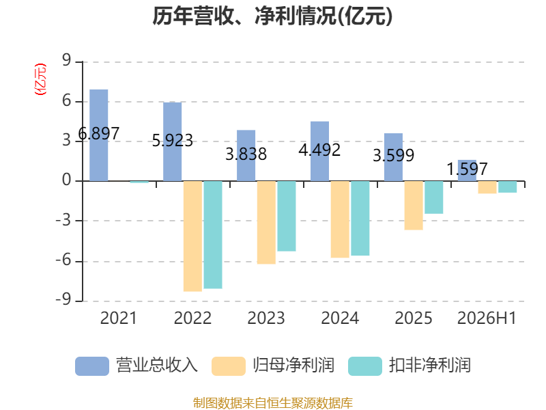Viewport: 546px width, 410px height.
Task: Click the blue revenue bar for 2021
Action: (99, 135)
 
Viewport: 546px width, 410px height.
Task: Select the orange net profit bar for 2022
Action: (192, 236)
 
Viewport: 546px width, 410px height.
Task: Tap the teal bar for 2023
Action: (287, 216)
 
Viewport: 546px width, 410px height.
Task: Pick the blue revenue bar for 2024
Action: (319, 151)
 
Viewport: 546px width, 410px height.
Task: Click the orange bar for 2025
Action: (414, 206)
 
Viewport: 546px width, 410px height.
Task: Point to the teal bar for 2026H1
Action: (507, 187)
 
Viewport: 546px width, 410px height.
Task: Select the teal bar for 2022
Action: (213, 234)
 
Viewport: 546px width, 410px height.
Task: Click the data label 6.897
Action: (99, 133)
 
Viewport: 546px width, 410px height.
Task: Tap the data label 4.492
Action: (319, 150)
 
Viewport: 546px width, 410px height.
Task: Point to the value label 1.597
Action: (467, 169)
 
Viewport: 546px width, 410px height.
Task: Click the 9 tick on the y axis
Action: (66, 61)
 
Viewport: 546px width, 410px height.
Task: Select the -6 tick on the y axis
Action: (63, 260)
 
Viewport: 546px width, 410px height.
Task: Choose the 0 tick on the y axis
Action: (66, 180)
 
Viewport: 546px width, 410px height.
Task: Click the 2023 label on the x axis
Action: (266, 318)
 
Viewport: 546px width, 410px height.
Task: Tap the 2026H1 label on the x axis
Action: (487, 318)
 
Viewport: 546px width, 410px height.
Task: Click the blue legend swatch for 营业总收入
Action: (92, 366)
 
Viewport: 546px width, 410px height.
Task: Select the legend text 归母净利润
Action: (294, 366)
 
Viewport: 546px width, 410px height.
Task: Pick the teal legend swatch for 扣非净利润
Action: (365, 366)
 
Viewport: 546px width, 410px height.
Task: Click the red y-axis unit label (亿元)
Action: (40, 79)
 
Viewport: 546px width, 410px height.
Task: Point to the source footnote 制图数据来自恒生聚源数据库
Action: (273, 403)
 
